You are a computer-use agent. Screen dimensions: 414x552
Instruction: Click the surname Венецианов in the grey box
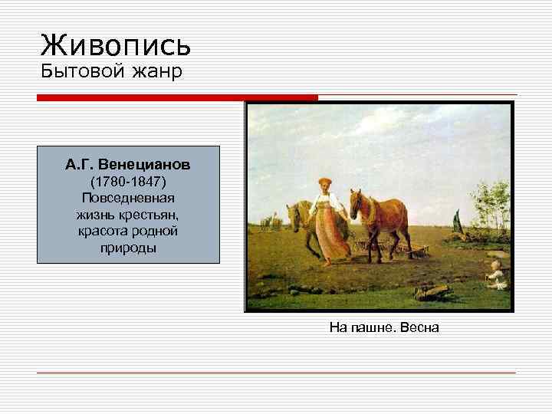(150, 165)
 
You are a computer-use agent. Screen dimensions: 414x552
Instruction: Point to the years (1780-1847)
(128, 182)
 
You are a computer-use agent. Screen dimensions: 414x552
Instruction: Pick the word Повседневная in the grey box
(128, 198)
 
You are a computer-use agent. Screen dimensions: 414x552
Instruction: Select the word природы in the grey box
(128, 248)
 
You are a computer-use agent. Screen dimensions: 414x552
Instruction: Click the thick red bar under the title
(177, 97)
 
